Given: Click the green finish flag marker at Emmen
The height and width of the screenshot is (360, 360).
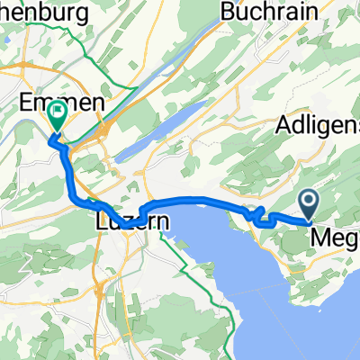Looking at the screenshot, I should pos(58,114).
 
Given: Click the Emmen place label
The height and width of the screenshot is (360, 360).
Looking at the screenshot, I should pos(63,103).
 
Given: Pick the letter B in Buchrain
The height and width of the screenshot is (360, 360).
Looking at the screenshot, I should pos(227,14).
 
